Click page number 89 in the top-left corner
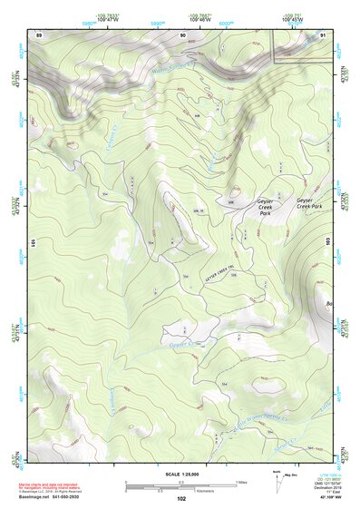pyautogui.click(x=39, y=34)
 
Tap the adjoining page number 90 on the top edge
pyautogui.click(x=183, y=34)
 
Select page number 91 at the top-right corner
pyautogui.click(x=322, y=34)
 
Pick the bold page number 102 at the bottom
pyautogui.click(x=181, y=498)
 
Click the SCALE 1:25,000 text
pyautogui.click(x=180, y=472)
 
